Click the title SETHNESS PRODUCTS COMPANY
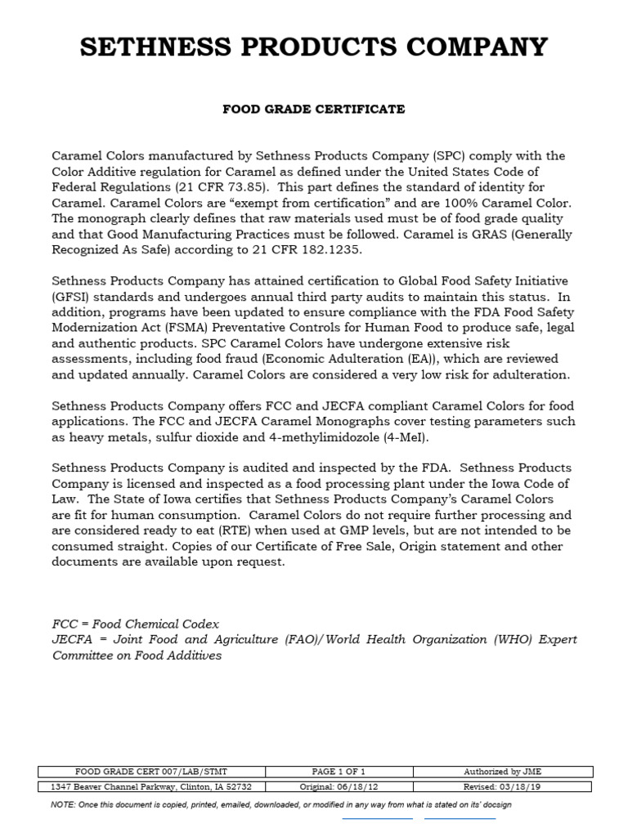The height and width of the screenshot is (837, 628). pos(314,47)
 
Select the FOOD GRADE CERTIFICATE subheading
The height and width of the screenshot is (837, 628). pos(314,109)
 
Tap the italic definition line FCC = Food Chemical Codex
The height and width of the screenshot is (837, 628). pos(136,624)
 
